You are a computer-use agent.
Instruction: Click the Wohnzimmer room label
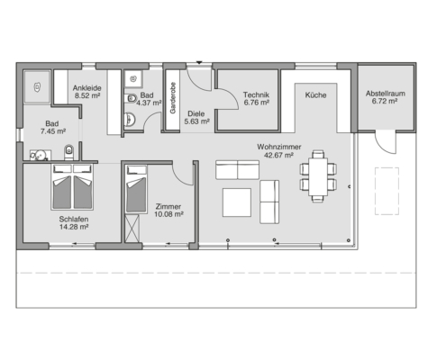[279, 147]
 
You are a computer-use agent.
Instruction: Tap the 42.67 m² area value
[278, 155]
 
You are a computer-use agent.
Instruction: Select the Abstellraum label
[386, 94]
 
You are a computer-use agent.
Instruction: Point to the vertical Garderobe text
[173, 98]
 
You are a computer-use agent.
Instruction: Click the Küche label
[315, 95]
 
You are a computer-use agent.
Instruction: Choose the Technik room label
[256, 94]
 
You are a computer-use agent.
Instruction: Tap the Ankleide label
[87, 88]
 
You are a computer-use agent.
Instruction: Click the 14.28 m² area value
[74, 227]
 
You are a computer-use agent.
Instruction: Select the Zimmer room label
[168, 207]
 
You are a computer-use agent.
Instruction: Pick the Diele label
[196, 114]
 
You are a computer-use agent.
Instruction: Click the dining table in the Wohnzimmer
[318, 176]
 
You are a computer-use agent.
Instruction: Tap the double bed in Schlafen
[72, 186]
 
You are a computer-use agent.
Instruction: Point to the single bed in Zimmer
[136, 189]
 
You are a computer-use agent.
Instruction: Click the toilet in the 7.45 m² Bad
[68, 151]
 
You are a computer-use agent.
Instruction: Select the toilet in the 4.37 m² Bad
[131, 98]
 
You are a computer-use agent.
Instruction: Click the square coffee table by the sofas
[237, 202]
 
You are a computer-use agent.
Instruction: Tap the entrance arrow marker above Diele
[199, 62]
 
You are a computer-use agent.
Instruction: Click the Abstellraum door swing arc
[384, 148]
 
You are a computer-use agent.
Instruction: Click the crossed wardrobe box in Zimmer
[132, 228]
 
